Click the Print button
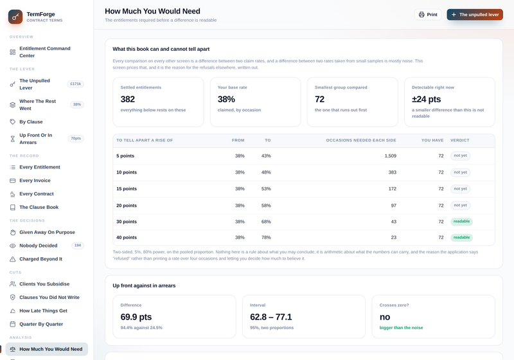[x=428, y=14]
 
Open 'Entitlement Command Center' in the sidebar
[x=45, y=52]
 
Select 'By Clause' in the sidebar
[x=31, y=122]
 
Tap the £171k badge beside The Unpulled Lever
[x=76, y=84]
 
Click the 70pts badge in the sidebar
[x=76, y=138]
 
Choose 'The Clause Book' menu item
[x=39, y=207]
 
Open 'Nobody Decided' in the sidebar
[x=38, y=246]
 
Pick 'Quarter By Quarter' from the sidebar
[x=41, y=324]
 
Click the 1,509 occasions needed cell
[x=391, y=156]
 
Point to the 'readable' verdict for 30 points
[x=461, y=221]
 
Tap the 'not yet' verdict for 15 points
[x=460, y=189]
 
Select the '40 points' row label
[x=127, y=237]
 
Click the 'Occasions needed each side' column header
[x=361, y=140]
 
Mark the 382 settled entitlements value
[x=127, y=99]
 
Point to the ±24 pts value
[x=426, y=99]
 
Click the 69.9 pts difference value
[x=136, y=317]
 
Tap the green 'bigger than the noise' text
[x=401, y=328]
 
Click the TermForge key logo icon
[x=15, y=17]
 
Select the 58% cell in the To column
[x=266, y=206]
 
